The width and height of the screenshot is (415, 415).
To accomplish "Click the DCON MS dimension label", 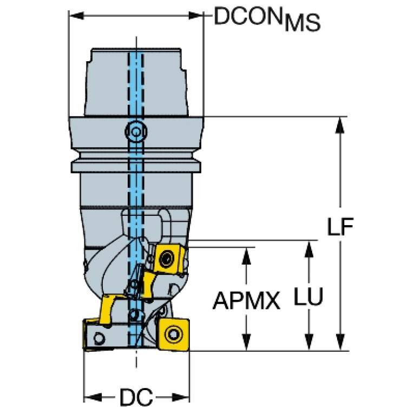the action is point(267,19).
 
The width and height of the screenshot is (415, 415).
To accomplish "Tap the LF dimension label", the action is point(340,227).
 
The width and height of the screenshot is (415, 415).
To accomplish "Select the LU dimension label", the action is point(308,296).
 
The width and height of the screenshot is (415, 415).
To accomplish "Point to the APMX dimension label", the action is point(246,301).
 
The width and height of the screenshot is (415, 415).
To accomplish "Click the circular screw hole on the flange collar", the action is point(136,131).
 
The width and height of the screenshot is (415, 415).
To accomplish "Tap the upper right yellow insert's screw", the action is point(167,258).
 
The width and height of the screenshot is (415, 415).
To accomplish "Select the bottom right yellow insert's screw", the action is point(174,334).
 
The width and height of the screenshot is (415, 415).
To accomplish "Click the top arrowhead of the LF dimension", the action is point(340,125).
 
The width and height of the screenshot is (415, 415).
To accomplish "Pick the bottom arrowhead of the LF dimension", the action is point(340,342).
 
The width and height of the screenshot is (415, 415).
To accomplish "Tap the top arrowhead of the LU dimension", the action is point(308,249).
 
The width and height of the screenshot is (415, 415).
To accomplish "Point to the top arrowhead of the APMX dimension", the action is point(246,256).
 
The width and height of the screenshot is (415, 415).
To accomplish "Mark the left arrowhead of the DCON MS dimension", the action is point(77,15).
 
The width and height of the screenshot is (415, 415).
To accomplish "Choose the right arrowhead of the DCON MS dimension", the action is point(196,15).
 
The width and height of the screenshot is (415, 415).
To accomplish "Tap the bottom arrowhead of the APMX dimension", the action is point(246,342).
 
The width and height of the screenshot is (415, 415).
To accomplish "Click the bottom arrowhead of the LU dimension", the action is point(308,342).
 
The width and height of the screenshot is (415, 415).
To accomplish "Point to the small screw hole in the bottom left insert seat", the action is point(99,339).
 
